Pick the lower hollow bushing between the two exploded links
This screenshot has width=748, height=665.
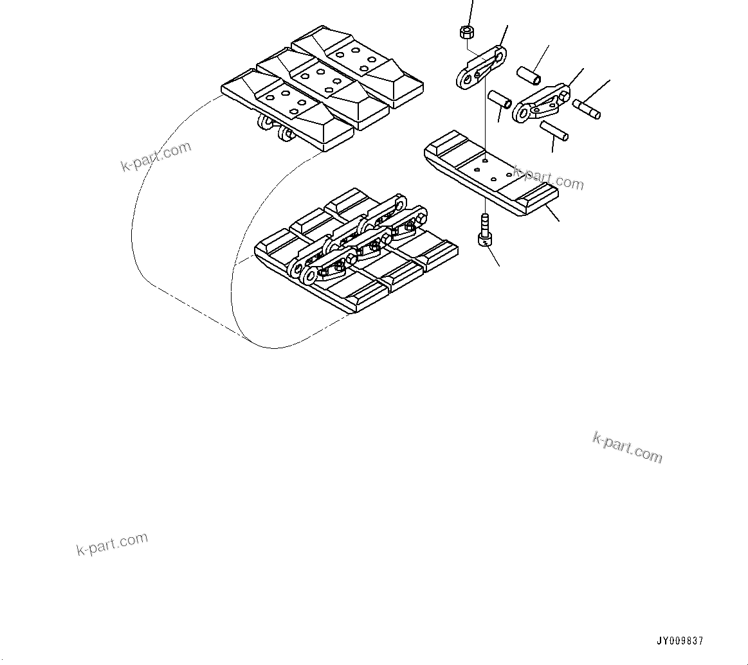499,99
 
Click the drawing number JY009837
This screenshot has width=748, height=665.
680,641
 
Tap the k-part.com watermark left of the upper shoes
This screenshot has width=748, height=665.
156,156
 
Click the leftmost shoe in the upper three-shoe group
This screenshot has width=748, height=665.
286,108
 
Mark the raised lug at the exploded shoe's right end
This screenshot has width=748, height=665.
538,195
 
